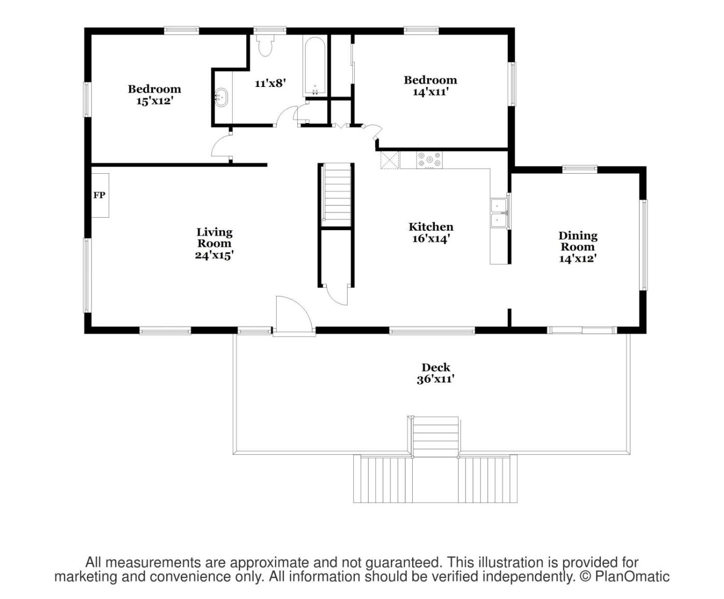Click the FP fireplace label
click(x=99, y=196)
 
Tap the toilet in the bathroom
click(x=265, y=45)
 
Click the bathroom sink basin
click(x=221, y=97)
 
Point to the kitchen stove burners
click(x=430, y=160)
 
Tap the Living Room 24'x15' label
click(x=214, y=244)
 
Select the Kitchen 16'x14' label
click(x=431, y=233)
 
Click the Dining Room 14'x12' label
click(x=578, y=247)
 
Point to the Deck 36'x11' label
click(x=436, y=373)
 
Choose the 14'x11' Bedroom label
click(x=430, y=86)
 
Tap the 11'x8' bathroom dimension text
click(x=270, y=83)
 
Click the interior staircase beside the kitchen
click(x=336, y=196)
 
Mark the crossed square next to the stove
click(x=390, y=160)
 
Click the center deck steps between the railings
click(x=436, y=437)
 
